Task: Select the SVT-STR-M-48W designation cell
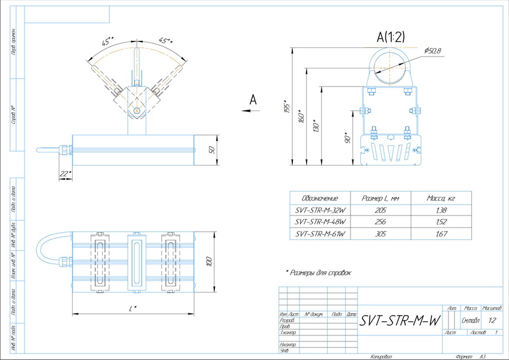321,222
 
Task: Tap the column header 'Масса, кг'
441,199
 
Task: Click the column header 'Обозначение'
321,199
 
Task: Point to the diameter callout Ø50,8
432,51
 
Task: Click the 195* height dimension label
288,107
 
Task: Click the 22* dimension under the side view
65,173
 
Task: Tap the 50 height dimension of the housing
211,149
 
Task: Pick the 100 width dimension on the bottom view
209,262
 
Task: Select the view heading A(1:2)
391,37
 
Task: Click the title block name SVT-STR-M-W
399,321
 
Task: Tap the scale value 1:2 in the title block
492,320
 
